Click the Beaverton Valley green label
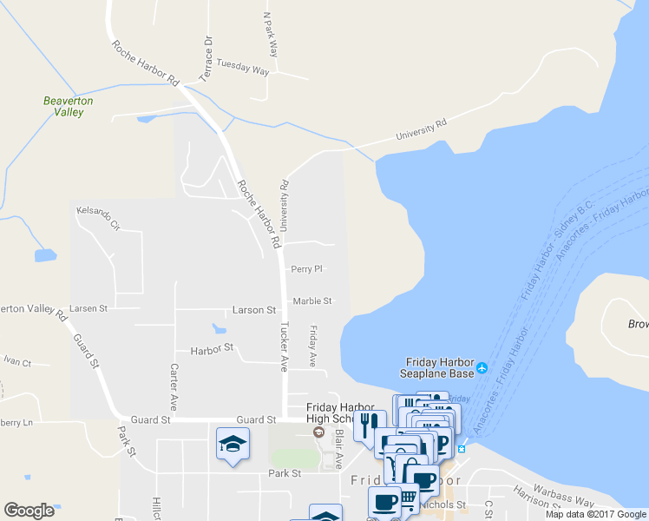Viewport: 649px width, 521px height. point(69,106)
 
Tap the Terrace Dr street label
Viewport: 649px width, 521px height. point(206,58)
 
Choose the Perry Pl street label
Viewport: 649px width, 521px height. point(307,269)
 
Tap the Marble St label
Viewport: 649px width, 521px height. point(312,301)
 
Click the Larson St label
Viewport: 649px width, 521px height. point(253,310)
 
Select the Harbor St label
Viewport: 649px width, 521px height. point(213,348)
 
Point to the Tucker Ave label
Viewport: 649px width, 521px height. point(283,347)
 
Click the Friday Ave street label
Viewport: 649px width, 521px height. point(313,346)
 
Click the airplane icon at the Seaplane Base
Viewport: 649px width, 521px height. point(482,368)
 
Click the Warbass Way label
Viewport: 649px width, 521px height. point(563,498)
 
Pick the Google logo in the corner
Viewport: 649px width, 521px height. point(29,511)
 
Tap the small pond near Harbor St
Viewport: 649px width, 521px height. point(220,329)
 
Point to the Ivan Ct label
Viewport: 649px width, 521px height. point(16,362)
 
